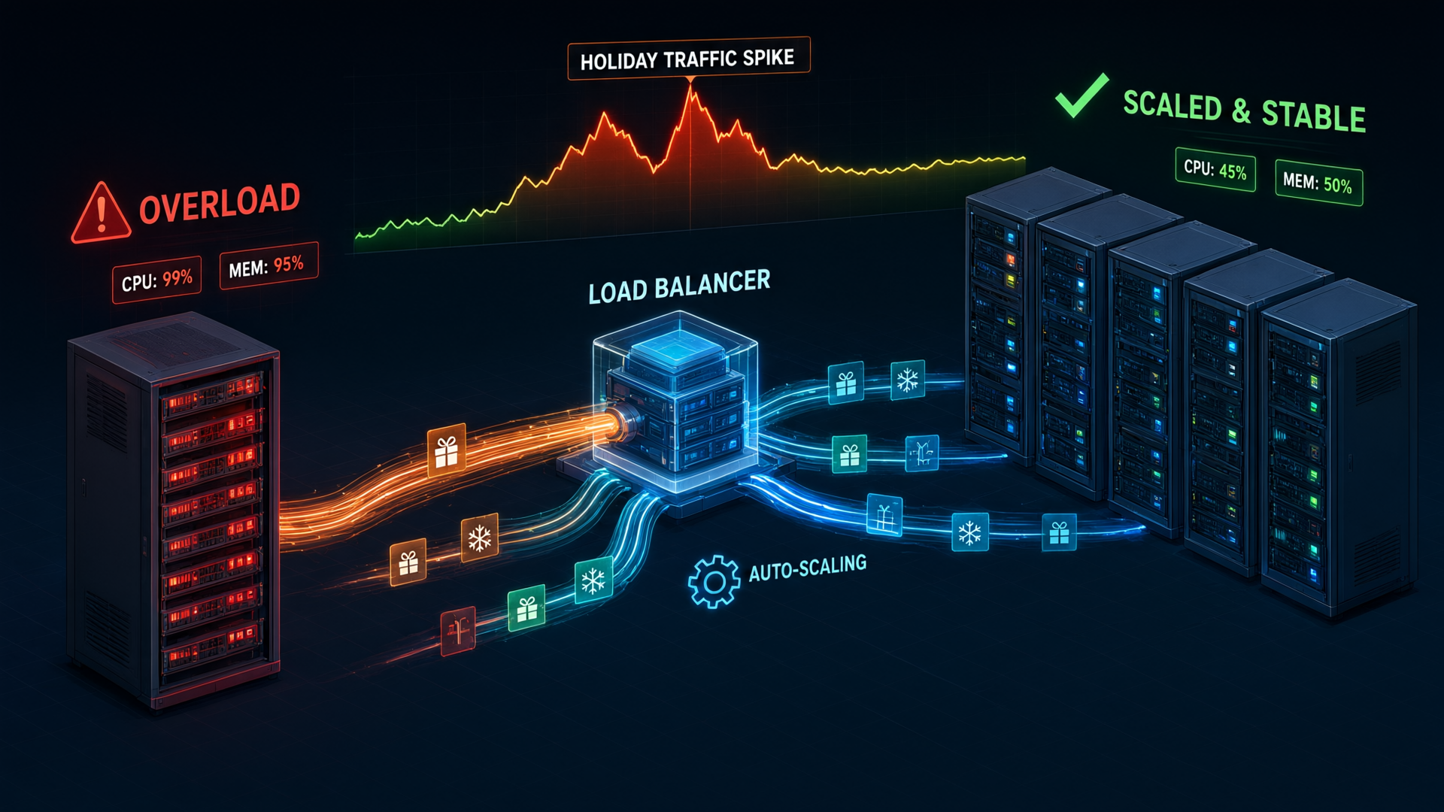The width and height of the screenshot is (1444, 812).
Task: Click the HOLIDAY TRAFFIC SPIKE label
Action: tap(688, 58)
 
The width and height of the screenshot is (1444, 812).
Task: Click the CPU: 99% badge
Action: tap(157, 280)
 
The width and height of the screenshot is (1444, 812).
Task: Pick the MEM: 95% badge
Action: tap(268, 265)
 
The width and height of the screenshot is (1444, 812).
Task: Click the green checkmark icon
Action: tap(1081, 95)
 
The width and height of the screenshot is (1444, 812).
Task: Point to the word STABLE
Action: tap(1313, 116)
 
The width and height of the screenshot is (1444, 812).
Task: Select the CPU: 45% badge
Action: tap(1215, 170)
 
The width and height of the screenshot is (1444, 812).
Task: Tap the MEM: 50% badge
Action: tap(1318, 183)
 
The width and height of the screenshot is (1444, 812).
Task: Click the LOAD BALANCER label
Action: tap(679, 286)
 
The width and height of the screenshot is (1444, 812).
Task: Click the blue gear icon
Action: tap(713, 581)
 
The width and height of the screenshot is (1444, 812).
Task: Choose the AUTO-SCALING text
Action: tap(808, 568)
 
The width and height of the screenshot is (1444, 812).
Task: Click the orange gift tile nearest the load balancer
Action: tap(447, 451)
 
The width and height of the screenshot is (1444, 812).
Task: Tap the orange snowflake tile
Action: tap(480, 538)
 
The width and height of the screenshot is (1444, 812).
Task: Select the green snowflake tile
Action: tap(593, 580)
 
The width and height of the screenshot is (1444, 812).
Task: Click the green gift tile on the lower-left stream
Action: tap(526, 609)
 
